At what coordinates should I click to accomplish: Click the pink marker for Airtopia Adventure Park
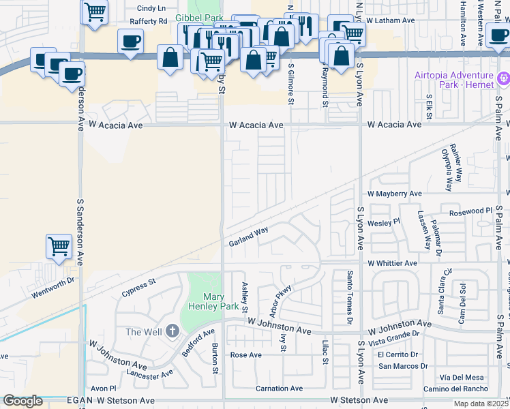point(504,78)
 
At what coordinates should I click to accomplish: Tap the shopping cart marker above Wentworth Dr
point(59,246)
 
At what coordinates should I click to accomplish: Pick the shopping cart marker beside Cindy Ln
point(95,11)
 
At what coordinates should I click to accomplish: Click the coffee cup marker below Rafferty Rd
point(130,41)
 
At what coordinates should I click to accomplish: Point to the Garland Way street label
point(248,237)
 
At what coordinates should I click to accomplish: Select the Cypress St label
point(139,286)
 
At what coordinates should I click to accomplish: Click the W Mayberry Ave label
point(395,194)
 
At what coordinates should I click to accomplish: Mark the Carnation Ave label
point(278,389)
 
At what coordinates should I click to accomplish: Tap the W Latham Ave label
point(390,21)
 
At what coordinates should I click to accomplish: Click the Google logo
point(22,401)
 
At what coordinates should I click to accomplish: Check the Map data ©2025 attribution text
point(480,404)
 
